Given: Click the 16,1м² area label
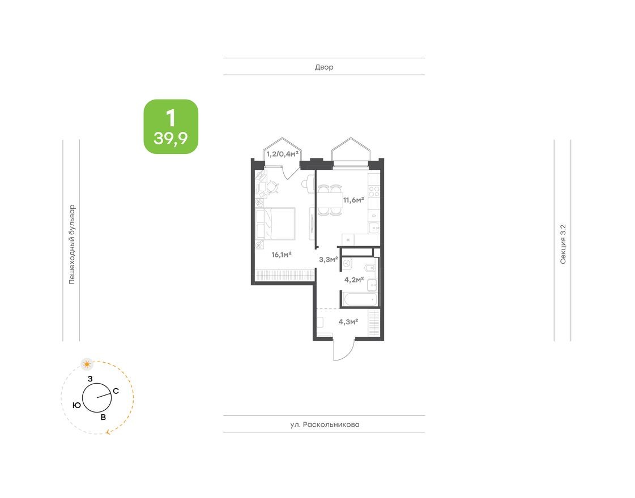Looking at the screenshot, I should tap(281, 255).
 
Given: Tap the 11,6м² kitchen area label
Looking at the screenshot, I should tap(353, 199).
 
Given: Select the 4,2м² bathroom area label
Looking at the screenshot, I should tap(354, 278).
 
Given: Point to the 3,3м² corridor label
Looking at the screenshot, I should tap(329, 260).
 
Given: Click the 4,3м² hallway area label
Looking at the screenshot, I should tap(348, 322).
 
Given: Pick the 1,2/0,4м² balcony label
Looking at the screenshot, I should tap(282, 153).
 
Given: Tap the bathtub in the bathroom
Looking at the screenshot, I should tap(358, 299).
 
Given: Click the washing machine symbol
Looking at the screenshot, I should tap(348, 263).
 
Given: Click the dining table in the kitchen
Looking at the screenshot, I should tap(329, 200).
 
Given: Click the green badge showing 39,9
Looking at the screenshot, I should tap(171, 127).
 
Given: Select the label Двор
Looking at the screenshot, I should tap(324, 67).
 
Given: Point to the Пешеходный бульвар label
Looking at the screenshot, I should tap(71, 244).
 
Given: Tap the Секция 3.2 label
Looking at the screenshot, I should tap(562, 244).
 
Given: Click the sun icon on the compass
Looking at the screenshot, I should tap(87, 363).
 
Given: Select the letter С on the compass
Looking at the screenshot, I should tap(116, 390).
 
